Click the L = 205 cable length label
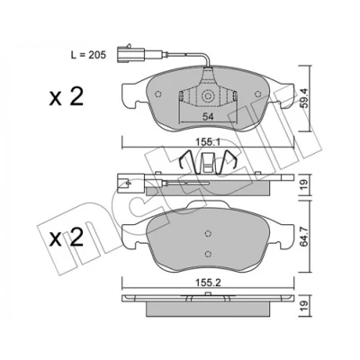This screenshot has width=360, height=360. pos(88,55)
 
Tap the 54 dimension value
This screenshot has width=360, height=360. pos(208,117)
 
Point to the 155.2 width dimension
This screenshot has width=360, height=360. pos(208,283)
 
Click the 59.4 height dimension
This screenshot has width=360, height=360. pos(304,98)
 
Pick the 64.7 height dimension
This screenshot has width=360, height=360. pos(304,237)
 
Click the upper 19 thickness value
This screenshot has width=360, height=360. pos(304,184)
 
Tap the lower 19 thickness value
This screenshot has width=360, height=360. pos(304,306)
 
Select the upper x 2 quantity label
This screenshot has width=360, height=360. pos(67,96)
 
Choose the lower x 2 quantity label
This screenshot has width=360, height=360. pos(67,237)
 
